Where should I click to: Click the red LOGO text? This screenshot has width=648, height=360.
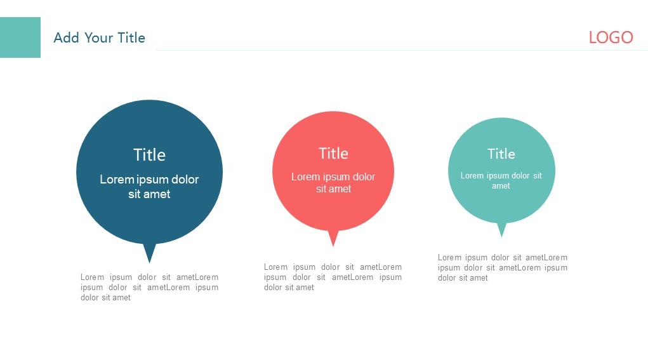pyautogui.click(x=611, y=37)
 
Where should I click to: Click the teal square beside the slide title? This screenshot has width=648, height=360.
pyautogui.click(x=20, y=37)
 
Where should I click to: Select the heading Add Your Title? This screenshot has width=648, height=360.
pyautogui.click(x=99, y=37)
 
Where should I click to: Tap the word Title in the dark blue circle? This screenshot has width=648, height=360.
pyautogui.click(x=149, y=155)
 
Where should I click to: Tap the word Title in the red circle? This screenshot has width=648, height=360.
pyautogui.click(x=333, y=154)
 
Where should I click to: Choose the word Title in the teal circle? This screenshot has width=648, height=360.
pyautogui.click(x=501, y=154)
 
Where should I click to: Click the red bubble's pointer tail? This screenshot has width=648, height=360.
pyautogui.click(x=333, y=237)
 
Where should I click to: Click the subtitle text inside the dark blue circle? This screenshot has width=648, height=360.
pyautogui.click(x=149, y=187)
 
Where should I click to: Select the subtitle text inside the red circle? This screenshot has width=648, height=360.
pyautogui.click(x=333, y=183)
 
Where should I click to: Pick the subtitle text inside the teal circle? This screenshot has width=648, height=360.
pyautogui.click(x=501, y=180)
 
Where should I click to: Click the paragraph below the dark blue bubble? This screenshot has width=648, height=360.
pyautogui.click(x=149, y=287)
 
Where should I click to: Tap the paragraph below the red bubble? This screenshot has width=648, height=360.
pyautogui.click(x=333, y=277)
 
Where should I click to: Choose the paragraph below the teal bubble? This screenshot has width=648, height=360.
pyautogui.click(x=503, y=267)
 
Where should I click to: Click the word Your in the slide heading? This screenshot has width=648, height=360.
pyautogui.click(x=99, y=37)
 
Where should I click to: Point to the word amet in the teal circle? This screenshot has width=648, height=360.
pyautogui.click(x=501, y=186)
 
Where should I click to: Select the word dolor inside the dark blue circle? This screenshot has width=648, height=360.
pyautogui.click(x=185, y=180)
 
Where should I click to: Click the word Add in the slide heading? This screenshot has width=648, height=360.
pyautogui.click(x=66, y=37)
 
